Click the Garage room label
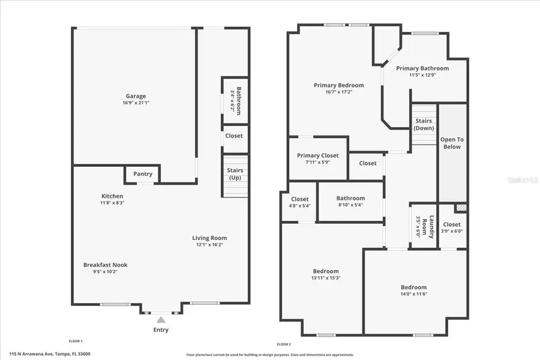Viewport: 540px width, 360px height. pyautogui.click(x=136, y=96)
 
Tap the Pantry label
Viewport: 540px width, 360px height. pyautogui.click(x=143, y=174)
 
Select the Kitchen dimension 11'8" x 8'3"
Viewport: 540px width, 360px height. pyautogui.click(x=112, y=203)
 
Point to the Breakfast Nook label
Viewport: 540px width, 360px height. pyautogui.click(x=105, y=265)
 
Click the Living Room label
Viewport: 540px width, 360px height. pyautogui.click(x=209, y=238)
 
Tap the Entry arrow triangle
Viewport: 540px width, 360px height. pyautogui.click(x=160, y=320)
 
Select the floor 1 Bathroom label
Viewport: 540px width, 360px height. pyautogui.click(x=238, y=101)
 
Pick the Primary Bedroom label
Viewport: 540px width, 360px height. pyautogui.click(x=338, y=85)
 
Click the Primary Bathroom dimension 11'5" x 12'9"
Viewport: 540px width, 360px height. pyautogui.click(x=422, y=75)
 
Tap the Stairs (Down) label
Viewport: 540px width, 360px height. pyautogui.click(x=424, y=125)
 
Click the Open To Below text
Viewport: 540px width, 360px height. pyautogui.click(x=452, y=143)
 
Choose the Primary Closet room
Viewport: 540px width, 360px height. pyautogui.click(x=317, y=158)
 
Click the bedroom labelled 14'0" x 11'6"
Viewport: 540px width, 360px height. pyautogui.click(x=414, y=290)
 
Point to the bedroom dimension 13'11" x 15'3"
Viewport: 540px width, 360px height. pyautogui.click(x=326, y=278)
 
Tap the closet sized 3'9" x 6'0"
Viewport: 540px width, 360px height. pyautogui.click(x=452, y=227)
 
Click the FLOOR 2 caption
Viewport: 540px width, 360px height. pyautogui.click(x=284, y=344)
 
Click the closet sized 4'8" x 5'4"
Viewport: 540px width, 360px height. pyautogui.click(x=299, y=202)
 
